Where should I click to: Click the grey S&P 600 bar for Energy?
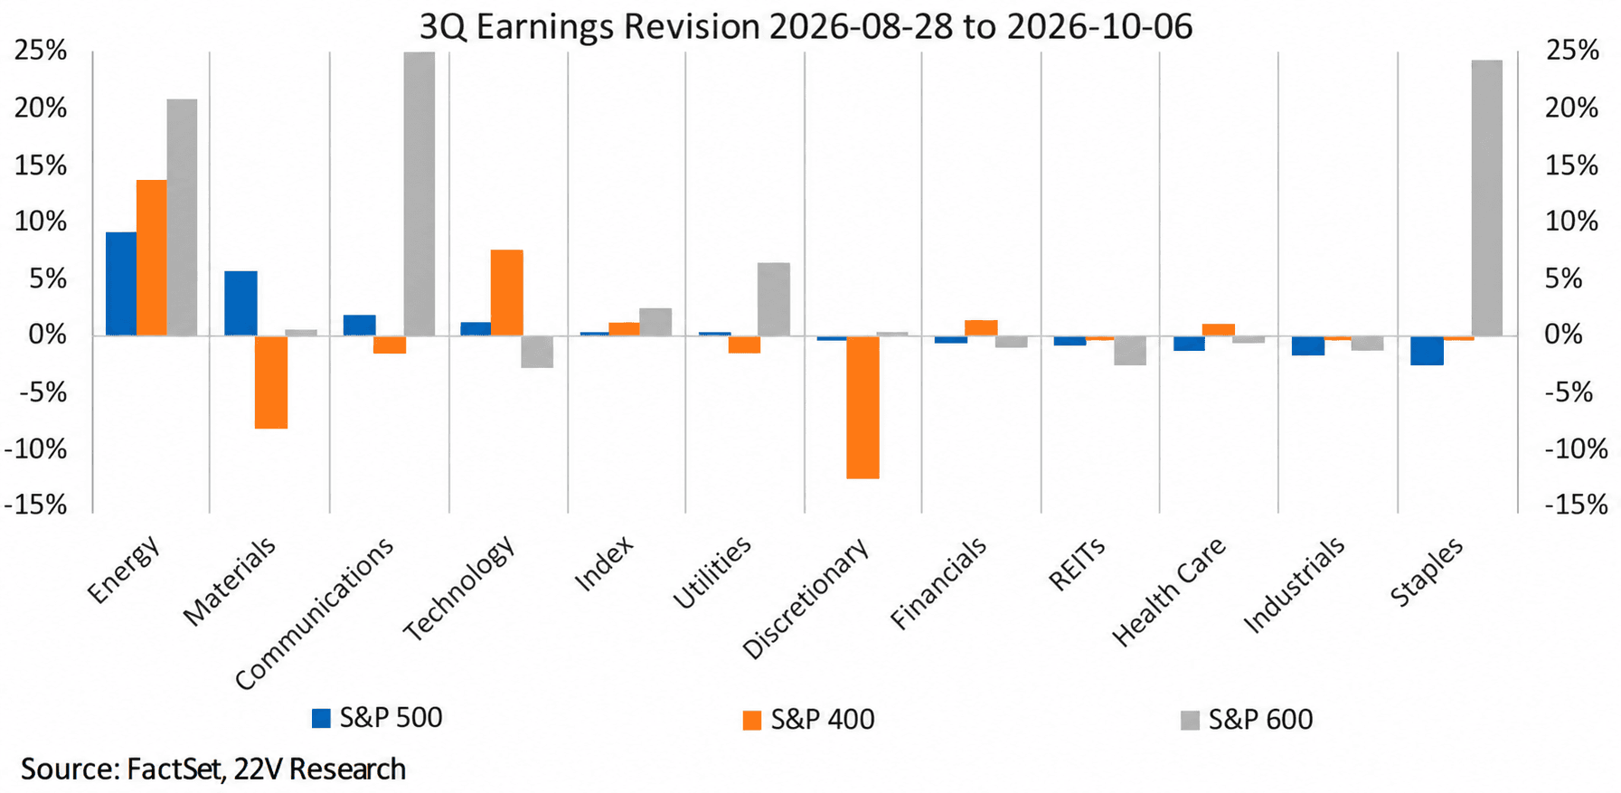(182, 217)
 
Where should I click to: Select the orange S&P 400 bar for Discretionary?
(862, 407)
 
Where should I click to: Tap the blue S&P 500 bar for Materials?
(240, 303)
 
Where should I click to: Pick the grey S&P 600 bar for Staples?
(1487, 198)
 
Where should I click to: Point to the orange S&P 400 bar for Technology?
(507, 292)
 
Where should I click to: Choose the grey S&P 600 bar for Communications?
(419, 194)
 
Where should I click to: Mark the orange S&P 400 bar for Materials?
(271, 382)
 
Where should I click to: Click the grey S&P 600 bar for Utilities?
(774, 299)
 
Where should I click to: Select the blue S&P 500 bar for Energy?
(121, 284)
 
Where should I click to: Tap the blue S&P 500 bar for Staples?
(1427, 350)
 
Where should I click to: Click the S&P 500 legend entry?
(377, 718)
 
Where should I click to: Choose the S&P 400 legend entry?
(808, 720)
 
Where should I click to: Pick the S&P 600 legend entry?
(1247, 720)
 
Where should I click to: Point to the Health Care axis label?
(1167, 591)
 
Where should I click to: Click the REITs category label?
(1076, 565)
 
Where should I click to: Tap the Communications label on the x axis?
(314, 613)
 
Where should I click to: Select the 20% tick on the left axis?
(41, 109)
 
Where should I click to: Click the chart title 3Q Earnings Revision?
(589, 26)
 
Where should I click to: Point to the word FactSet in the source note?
(176, 769)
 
